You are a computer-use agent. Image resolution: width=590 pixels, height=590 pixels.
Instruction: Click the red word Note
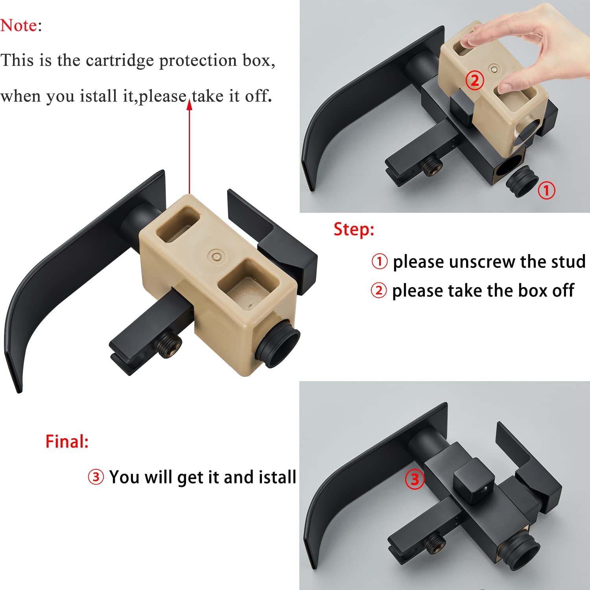click(x=18, y=26)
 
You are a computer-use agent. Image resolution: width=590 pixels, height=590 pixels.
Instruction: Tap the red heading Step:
click(x=354, y=229)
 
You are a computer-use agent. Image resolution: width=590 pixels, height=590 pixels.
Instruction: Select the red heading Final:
click(x=67, y=441)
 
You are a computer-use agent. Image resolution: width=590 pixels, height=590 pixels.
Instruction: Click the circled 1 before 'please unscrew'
click(x=380, y=262)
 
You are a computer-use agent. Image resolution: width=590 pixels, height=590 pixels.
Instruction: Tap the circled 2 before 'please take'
click(x=379, y=291)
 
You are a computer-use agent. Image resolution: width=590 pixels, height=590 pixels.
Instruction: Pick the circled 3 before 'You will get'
click(x=96, y=477)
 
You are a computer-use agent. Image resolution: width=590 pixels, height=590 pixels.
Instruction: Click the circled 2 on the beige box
click(x=475, y=80)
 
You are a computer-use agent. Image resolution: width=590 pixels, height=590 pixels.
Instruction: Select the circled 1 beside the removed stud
click(x=546, y=190)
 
